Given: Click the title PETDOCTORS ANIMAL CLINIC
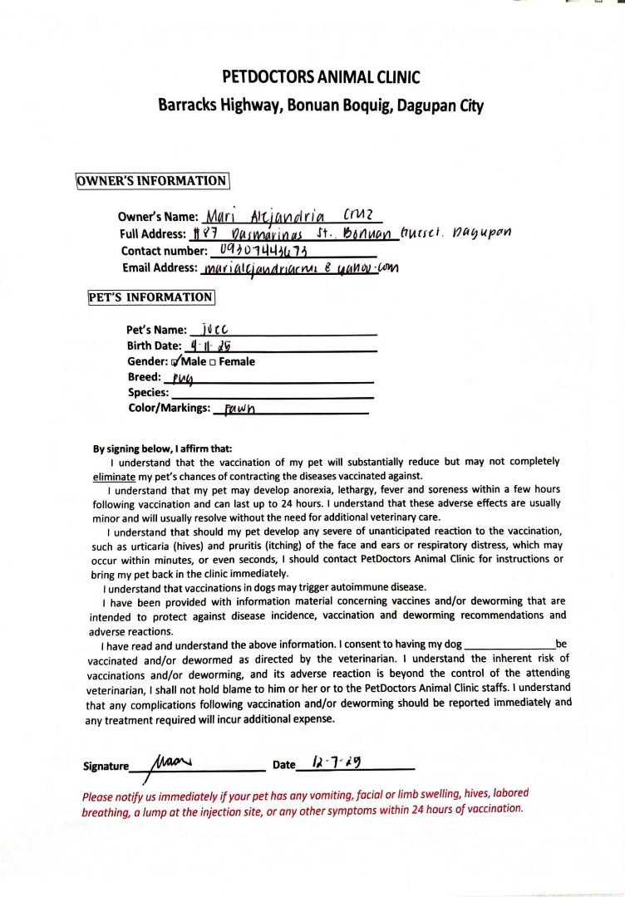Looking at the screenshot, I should click(x=321, y=78).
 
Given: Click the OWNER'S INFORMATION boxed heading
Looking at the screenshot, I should click(x=152, y=181).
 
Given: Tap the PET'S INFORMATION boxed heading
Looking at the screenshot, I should click(x=150, y=297).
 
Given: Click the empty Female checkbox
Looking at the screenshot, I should click(x=214, y=362).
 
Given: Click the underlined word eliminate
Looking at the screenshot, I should click(x=114, y=476).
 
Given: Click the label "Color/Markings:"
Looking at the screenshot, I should click(x=169, y=408).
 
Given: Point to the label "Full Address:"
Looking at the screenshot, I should click(x=153, y=234).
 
